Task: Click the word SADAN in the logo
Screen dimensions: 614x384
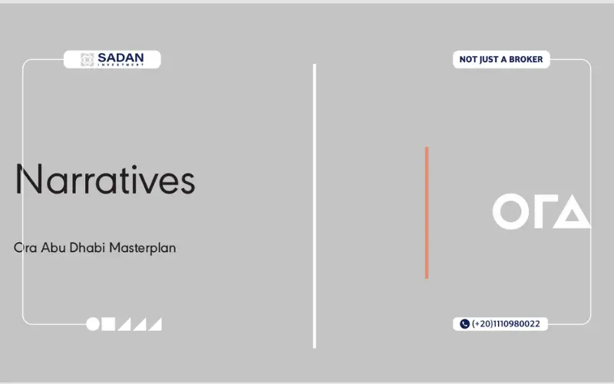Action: click(x=120, y=58)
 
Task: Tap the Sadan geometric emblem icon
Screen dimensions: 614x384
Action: click(x=87, y=60)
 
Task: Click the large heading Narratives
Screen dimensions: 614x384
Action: click(x=105, y=180)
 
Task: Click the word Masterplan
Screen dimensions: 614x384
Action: click(x=143, y=248)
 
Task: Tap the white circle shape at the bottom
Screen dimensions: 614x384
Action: click(x=93, y=324)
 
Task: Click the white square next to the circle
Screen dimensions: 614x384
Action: click(x=108, y=324)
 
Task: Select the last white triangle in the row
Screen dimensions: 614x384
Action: click(x=156, y=324)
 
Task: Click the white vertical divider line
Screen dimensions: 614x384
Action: click(x=315, y=206)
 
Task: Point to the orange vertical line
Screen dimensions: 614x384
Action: click(x=427, y=213)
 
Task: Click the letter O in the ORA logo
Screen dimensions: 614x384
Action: click(x=511, y=211)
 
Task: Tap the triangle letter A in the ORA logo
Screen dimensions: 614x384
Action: click(x=572, y=211)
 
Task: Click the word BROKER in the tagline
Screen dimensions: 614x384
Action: click(x=526, y=59)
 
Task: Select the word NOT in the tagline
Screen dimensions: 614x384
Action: click(x=467, y=59)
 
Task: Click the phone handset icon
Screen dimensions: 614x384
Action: click(x=464, y=323)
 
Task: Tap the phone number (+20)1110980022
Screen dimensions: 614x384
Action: click(x=506, y=323)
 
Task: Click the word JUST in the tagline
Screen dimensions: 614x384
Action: click(x=489, y=60)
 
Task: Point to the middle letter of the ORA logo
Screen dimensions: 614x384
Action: click(x=540, y=211)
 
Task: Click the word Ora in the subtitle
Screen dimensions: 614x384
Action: click(x=25, y=247)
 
